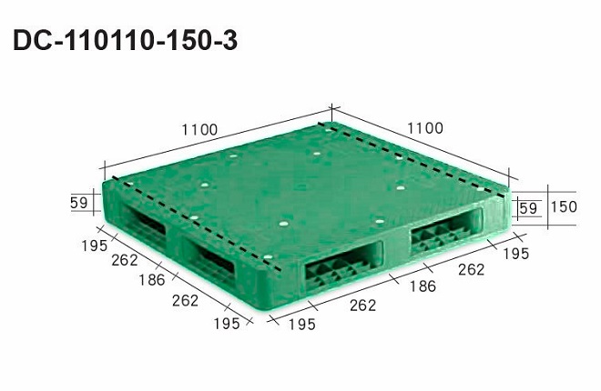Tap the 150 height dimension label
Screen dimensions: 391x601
(564, 207)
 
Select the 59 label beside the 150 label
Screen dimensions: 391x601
(527, 208)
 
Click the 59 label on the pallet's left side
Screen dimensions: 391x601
(79, 203)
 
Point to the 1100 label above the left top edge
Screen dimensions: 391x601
(199, 129)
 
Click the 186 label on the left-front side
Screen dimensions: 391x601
(152, 280)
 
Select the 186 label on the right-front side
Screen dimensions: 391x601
(422, 286)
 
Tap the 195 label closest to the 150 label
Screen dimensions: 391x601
(515, 254)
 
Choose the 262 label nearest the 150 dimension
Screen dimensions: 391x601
(471, 269)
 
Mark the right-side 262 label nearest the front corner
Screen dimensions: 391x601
(362, 306)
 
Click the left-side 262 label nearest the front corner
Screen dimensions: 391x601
(184, 300)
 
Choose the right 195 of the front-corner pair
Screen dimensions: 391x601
(301, 325)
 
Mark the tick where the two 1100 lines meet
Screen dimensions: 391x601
(331, 110)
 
